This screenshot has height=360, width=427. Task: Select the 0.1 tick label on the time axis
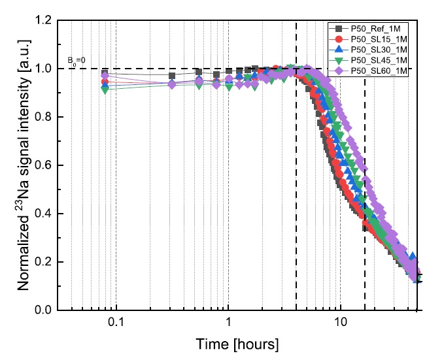pos(116,323)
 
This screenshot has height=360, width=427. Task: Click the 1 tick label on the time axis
pos(228,323)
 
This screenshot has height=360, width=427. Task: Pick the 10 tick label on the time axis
pos(340,323)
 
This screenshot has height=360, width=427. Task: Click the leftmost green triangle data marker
pos(105,90)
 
